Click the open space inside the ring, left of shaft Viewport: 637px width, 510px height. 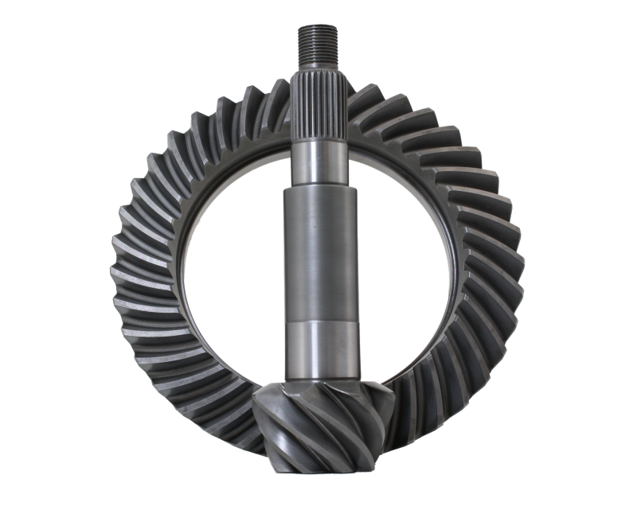(x=239, y=255)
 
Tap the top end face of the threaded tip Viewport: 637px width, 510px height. (x=319, y=26)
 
